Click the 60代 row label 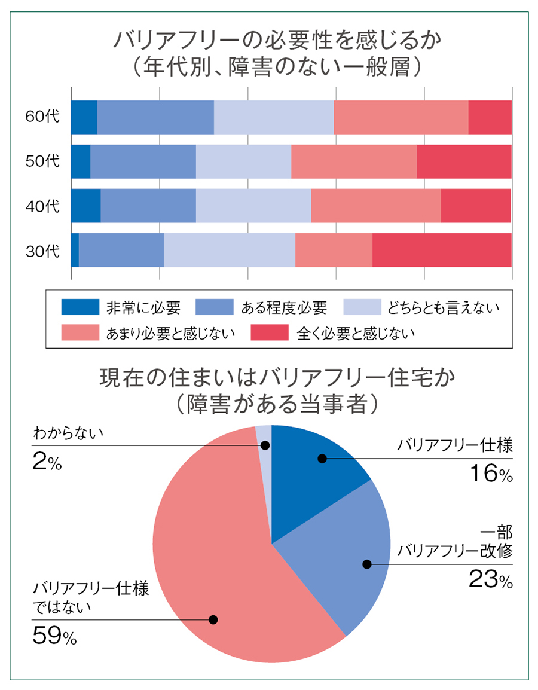coord(42,117)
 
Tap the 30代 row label coord(42,251)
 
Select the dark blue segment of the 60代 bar coord(84,117)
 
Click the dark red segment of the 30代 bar coord(442,250)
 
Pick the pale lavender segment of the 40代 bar coord(253,206)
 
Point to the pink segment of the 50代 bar coord(353,161)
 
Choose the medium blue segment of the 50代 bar coord(143,161)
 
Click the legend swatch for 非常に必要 coord(80,307)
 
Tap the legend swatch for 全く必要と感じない coord(270,332)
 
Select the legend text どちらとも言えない coord(442,307)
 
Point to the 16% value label coord(488,474)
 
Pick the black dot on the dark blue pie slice coord(322,459)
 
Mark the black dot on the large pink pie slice coord(213,619)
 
